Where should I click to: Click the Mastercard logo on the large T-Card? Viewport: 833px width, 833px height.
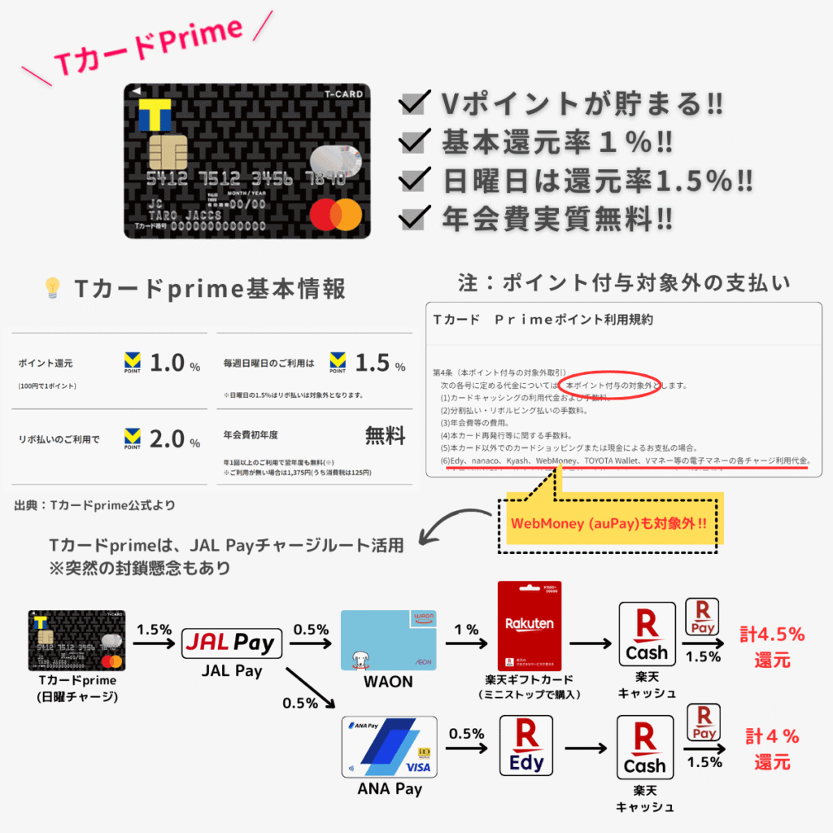pos(335,214)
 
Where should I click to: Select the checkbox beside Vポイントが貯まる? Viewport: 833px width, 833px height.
pos(416,104)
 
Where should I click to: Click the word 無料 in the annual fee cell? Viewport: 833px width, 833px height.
pos(384,436)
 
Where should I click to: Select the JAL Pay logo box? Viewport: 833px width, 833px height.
pos(231,643)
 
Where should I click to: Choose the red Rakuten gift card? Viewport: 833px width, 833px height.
pos(530,626)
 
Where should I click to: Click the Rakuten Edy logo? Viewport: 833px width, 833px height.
pos(526,745)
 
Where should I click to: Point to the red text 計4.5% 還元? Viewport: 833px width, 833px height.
pos(771,646)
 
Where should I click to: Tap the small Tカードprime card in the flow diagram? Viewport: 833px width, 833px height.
pos(78,640)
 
